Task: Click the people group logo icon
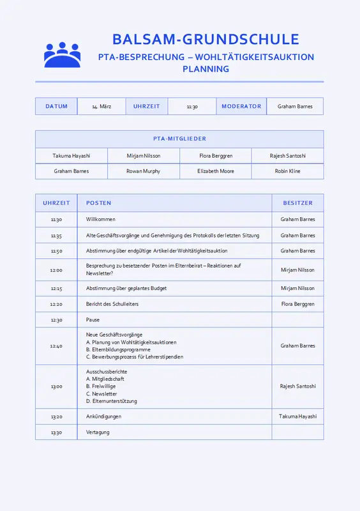tap(62, 55)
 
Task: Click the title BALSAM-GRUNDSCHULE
tap(206, 39)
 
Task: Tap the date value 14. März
tap(101, 107)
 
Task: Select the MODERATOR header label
tap(241, 107)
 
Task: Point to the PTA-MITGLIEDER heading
tap(179, 139)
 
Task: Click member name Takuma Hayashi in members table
tap(71, 156)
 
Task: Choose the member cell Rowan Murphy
tap(143, 171)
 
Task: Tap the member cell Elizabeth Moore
tap(216, 171)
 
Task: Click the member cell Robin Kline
tap(287, 171)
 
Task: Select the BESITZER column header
tap(297, 203)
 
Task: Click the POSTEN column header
tap(99, 203)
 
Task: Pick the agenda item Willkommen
tap(101, 220)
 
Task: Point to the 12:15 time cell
tap(56, 289)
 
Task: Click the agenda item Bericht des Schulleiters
tap(112, 304)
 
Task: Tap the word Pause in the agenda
tap(93, 320)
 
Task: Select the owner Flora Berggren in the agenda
tap(297, 304)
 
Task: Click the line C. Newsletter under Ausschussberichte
tap(101, 393)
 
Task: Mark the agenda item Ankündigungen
tap(103, 416)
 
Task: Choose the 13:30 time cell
tap(56, 432)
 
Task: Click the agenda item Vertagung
tap(98, 432)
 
